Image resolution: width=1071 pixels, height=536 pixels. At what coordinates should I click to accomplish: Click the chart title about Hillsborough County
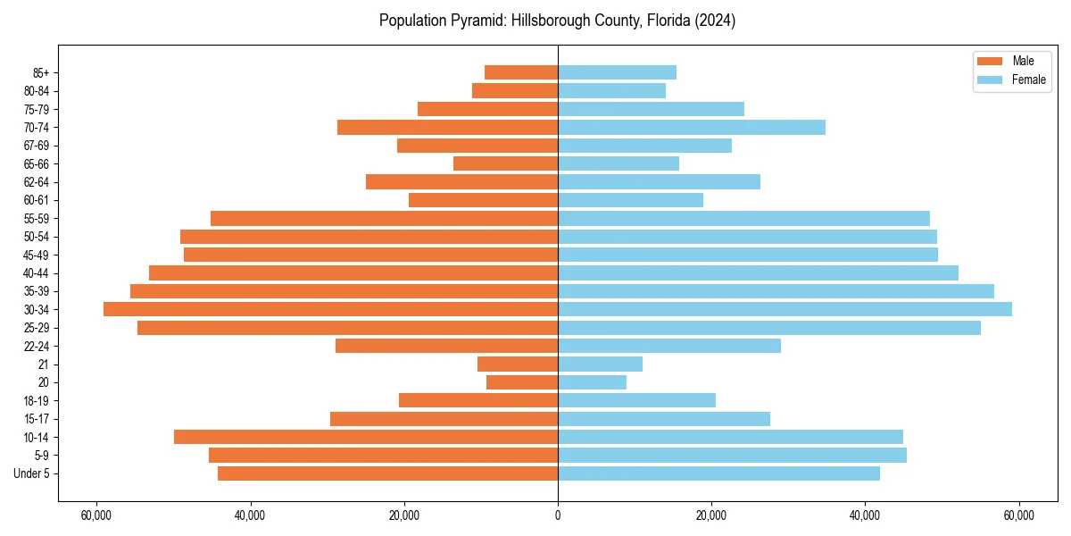[557, 21]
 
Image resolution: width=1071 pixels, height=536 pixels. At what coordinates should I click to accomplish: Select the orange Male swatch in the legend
[991, 61]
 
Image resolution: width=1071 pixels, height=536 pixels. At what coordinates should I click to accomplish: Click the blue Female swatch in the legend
[991, 80]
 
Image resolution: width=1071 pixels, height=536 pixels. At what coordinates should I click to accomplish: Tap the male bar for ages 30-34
[330, 309]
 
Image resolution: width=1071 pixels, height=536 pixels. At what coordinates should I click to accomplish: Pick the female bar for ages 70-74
[692, 127]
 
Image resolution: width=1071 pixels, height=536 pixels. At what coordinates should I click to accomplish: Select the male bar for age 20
[522, 382]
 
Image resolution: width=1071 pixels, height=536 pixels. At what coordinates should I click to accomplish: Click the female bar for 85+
[617, 72]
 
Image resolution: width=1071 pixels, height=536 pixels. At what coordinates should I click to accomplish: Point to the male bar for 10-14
[366, 437]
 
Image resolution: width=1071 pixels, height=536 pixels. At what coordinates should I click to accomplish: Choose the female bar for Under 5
[718, 473]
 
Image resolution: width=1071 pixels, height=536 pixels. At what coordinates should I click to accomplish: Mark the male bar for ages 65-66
[505, 163]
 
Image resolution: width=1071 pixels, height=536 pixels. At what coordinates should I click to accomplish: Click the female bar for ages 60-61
[630, 200]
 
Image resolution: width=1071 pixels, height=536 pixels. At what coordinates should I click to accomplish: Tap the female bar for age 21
[600, 364]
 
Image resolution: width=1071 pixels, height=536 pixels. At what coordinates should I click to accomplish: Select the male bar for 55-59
[384, 218]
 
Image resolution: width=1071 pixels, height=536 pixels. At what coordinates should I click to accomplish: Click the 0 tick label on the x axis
[558, 515]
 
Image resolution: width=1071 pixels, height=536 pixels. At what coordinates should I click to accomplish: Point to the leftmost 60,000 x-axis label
[95, 515]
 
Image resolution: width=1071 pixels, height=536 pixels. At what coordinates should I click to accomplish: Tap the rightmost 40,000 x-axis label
[865, 515]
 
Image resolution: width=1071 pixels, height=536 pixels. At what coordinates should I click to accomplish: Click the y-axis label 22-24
[37, 346]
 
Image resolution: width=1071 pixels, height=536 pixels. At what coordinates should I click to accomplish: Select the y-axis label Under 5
[32, 473]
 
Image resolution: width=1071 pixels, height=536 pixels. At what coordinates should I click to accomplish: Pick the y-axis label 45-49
[37, 255]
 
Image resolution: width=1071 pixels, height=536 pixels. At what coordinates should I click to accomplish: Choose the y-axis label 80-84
[37, 90]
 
